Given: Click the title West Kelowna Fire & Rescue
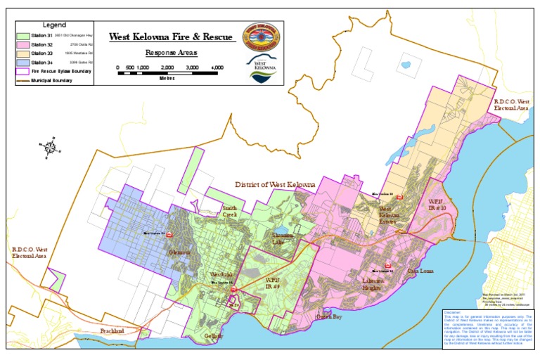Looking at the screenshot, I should pyautogui.click(x=172, y=37).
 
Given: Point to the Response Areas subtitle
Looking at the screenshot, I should pyautogui.click(x=171, y=52).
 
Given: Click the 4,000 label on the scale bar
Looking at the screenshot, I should pyautogui.click(x=217, y=67).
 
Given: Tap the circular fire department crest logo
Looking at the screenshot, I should pyautogui.click(x=260, y=34).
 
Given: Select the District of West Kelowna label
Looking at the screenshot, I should pyautogui.click(x=274, y=184).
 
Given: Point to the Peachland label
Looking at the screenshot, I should pyautogui.click(x=112, y=330).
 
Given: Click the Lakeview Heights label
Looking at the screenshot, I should pyautogui.click(x=373, y=283).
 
